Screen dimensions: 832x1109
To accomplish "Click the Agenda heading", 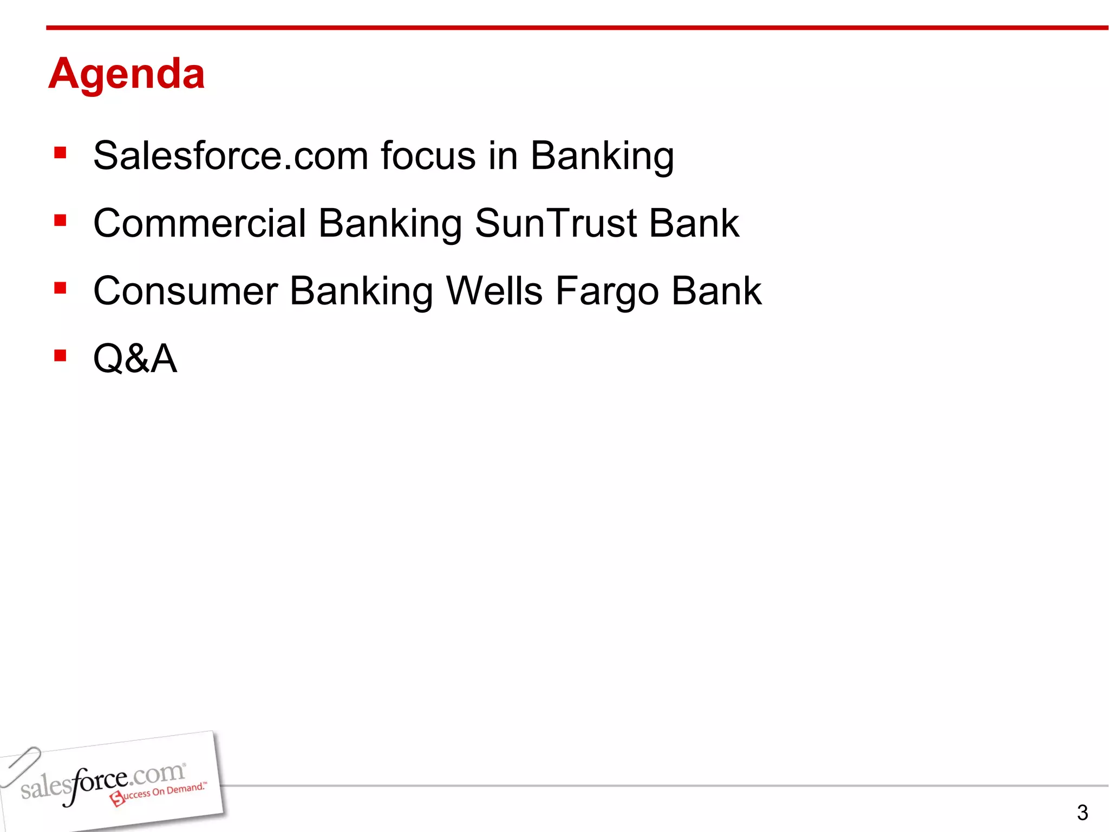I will tap(126, 74).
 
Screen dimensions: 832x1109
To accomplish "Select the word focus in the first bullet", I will tap(428, 156).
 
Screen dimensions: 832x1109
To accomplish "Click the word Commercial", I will tap(200, 223).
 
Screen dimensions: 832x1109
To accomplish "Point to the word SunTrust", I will tap(556, 223).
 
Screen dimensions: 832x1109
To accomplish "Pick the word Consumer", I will tap(186, 291).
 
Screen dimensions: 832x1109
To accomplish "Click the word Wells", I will tap(494, 291).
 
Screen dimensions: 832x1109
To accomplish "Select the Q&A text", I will tap(135, 359).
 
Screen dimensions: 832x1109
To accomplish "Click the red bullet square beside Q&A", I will tap(60, 355).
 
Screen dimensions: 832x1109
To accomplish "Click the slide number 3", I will tap(1082, 812).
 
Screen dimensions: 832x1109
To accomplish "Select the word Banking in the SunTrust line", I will tap(390, 224).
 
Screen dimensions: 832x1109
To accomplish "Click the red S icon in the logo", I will tap(118, 798).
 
